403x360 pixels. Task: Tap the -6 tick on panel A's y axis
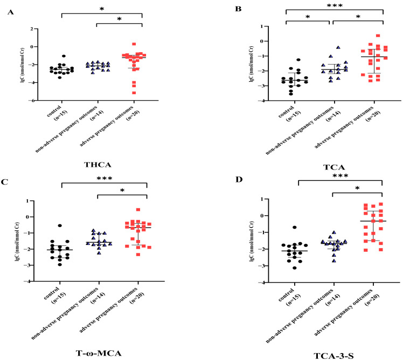33,101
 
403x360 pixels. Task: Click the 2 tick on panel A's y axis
34,29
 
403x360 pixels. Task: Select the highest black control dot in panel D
280,228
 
